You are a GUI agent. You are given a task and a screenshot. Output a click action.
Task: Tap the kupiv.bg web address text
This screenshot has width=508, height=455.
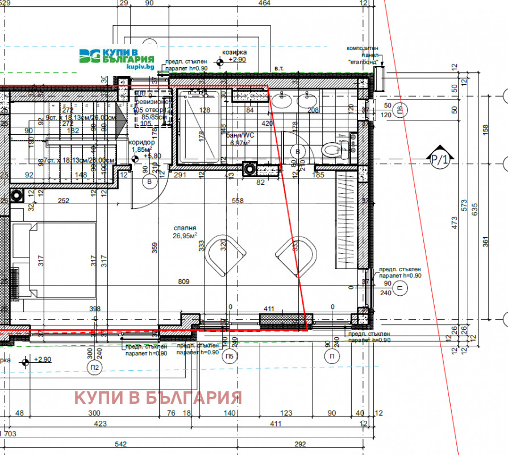140,67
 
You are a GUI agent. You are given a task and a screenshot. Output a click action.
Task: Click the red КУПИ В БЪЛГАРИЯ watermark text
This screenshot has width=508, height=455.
159,397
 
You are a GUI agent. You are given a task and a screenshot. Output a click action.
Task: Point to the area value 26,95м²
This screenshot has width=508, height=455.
185,235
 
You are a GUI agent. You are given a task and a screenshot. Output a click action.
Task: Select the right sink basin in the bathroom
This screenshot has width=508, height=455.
310,101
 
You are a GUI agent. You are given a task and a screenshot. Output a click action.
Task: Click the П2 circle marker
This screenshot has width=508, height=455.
94,368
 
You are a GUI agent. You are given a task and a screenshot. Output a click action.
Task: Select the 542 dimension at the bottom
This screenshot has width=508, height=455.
120,444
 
